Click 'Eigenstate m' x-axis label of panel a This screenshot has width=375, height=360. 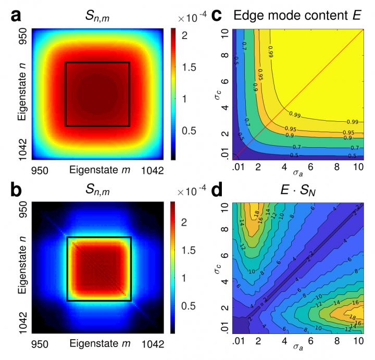pos(96,170)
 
